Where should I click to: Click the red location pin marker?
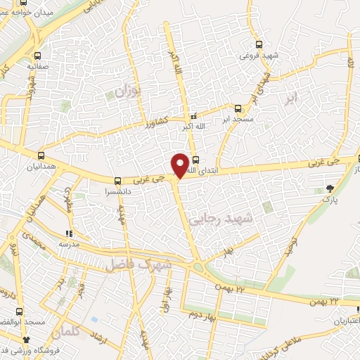pos(181,165)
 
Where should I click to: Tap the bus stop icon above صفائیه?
pos(38,55)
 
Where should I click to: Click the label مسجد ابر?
pos(236,120)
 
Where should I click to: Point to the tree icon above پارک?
pos(331,187)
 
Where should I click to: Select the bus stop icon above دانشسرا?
pos(117,179)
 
